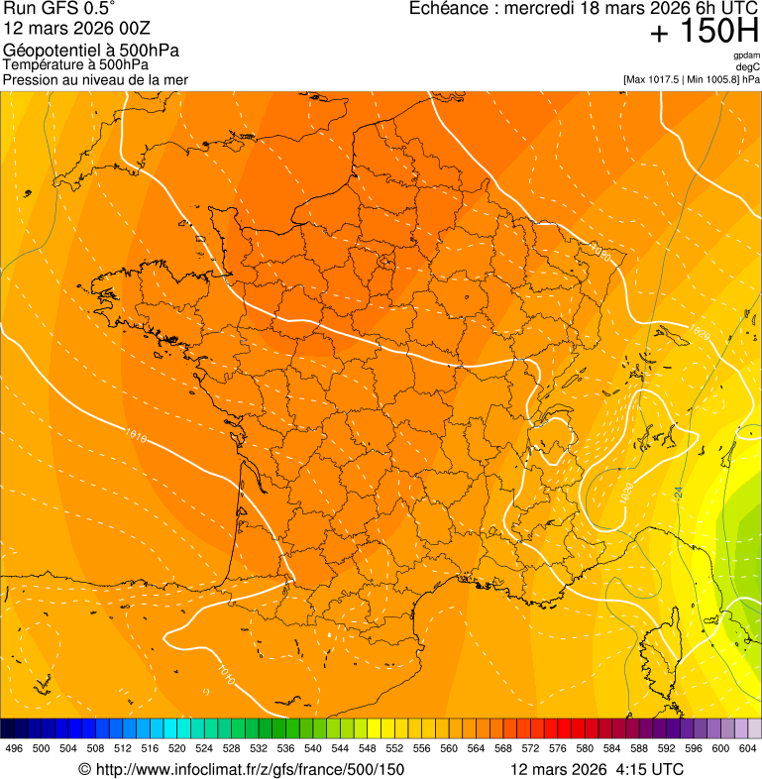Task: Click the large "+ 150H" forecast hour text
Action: tap(705, 33)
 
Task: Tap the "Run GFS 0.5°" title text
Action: tap(59, 9)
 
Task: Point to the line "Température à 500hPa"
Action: tap(76, 65)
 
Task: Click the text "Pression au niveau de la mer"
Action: tap(96, 80)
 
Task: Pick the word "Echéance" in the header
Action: tap(452, 9)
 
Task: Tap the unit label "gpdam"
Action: tap(747, 56)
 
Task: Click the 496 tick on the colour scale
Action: tap(14, 749)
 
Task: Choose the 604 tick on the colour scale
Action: tap(747, 749)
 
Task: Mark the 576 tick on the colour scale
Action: tap(557, 749)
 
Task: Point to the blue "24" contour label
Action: tap(679, 491)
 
